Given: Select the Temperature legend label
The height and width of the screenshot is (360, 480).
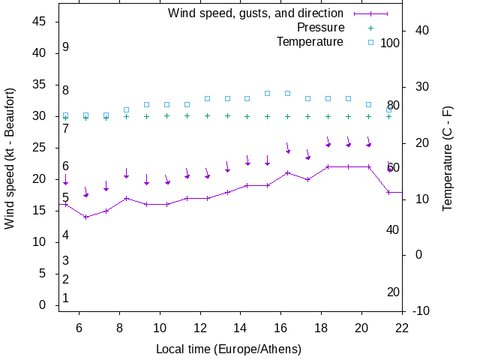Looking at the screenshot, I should pos(310,42).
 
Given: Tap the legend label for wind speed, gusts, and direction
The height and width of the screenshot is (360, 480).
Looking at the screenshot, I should pos(256,13).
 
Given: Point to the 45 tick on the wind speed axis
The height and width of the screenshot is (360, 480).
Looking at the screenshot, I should pos(40,22).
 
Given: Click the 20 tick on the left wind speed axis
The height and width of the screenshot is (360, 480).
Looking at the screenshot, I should pos(40,179).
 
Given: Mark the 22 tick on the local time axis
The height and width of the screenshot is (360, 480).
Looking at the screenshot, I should pos(402,328).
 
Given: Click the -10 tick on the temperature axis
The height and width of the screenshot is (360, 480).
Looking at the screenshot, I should pos(421,310).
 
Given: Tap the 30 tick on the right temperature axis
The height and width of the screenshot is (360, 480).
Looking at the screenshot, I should pos(418,86).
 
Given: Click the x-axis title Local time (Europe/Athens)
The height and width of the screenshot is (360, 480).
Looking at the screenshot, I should pos(229,349).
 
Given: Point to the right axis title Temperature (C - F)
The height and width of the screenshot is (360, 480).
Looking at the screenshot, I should pos(448,157).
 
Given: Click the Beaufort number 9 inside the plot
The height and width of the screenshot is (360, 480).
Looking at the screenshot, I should pos(66,47).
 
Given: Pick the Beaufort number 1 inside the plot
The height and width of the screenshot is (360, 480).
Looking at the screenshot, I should pos(66,298).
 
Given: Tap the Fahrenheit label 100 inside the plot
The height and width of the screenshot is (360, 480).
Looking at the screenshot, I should pos(390,43).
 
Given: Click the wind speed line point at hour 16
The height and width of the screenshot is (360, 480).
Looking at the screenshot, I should pos(287,172).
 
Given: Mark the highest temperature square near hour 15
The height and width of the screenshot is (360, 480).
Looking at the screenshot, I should pos(267,93).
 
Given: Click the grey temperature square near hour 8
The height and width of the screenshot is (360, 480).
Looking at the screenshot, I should pos(126,110).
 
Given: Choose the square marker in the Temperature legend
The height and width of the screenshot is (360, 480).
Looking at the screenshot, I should pos(370,42).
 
